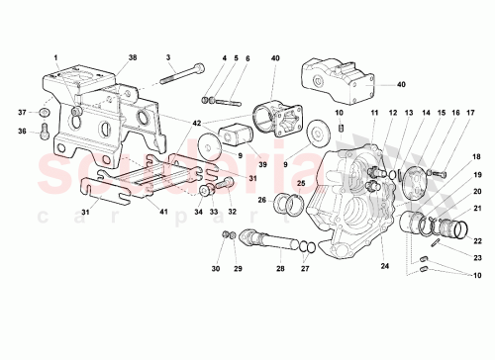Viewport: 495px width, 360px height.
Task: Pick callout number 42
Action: pyautogui.click(x=198, y=122)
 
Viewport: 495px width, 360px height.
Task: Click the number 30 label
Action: pyautogui.click(x=216, y=269)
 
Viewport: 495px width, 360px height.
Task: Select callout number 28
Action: pyautogui.click(x=280, y=269)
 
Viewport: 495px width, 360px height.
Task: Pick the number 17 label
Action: pyautogui.click(x=458, y=114)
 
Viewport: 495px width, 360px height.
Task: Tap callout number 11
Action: pyautogui.click(x=374, y=114)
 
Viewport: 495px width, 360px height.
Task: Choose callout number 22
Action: pyautogui.click(x=477, y=240)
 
